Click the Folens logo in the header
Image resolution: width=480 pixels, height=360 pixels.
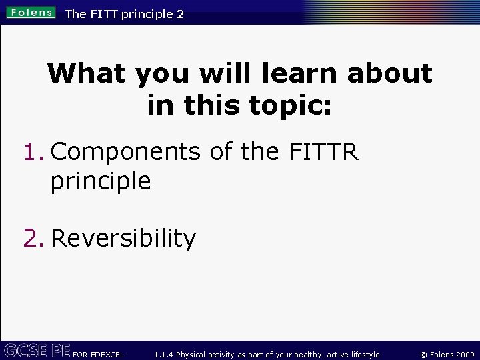coord(31,13)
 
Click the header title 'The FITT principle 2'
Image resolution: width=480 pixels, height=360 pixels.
coord(125,13)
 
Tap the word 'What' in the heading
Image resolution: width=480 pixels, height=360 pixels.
coord(86,73)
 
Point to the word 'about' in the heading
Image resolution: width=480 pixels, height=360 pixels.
coord(389,73)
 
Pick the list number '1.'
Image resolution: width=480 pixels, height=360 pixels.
coord(34,152)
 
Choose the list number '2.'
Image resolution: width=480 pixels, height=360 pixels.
coord(34,238)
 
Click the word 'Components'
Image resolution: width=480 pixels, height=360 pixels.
coord(125,152)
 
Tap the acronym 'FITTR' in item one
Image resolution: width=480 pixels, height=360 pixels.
coord(324,152)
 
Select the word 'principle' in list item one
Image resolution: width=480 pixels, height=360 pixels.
coord(101,181)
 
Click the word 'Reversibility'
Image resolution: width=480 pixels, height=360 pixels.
coord(123,238)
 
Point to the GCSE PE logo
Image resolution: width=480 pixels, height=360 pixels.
coord(36,351)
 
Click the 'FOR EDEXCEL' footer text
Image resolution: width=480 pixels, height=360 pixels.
coord(99,355)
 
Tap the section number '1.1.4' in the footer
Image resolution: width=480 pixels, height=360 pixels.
coord(164,355)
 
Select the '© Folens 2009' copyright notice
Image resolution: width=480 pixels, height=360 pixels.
coord(447,355)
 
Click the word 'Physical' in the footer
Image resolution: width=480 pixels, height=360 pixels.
coord(193,355)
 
